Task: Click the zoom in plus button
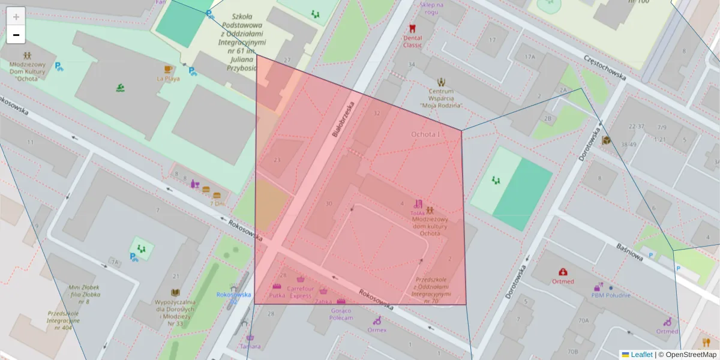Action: coord(16,17)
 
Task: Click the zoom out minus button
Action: coord(16,35)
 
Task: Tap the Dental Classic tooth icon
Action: coord(412,28)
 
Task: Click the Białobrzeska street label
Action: coord(343,119)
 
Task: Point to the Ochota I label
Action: coord(425,134)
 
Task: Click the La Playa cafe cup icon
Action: coord(168,69)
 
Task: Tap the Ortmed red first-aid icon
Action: coord(563,272)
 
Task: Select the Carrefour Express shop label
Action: coord(301,292)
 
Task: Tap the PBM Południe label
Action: coord(611,295)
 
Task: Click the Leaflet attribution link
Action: coord(641,355)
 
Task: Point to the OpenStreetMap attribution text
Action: coord(691,355)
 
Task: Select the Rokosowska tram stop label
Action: coord(233,295)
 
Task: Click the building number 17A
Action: coord(529,57)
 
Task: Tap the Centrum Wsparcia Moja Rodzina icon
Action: coord(442,81)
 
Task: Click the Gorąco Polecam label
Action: coord(341,314)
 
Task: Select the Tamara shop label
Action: coord(250,346)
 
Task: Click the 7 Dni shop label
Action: coord(217,203)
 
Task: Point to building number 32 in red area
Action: coord(377,113)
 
